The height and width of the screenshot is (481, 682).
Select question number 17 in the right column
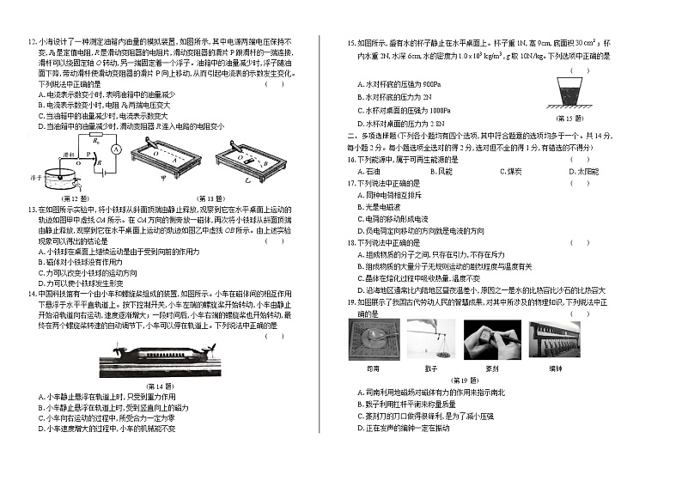coord(352,184)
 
